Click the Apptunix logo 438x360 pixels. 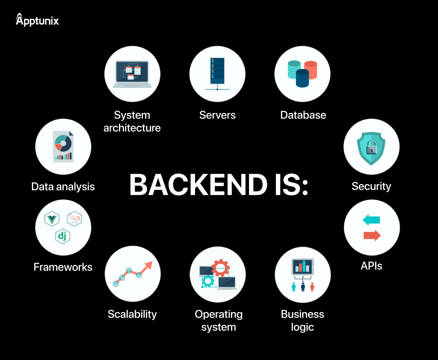coord(37,20)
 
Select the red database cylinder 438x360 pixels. coord(310,70)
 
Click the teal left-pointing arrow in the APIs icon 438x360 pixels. coord(371,220)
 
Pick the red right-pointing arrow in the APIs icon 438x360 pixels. coord(372,235)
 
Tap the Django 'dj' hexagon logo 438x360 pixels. coord(63,236)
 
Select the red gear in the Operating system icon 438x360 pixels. coord(221,268)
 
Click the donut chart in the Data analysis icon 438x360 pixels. coord(63,143)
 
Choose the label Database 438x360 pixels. coord(303,115)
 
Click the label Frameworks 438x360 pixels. coord(63,267)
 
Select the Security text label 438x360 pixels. coord(371,186)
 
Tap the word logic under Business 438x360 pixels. coord(302,327)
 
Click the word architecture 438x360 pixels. coord(132,128)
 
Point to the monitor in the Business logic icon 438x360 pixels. coord(303,268)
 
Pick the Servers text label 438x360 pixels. coord(217,115)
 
